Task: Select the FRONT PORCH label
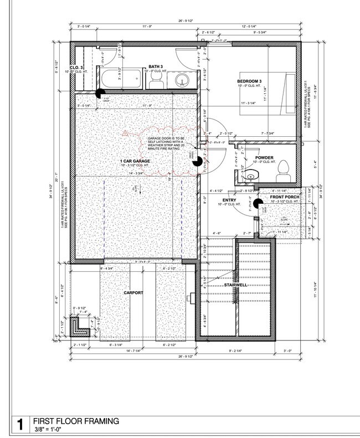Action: tap(285, 198)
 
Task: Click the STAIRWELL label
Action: tap(235, 285)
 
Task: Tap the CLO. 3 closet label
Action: tap(78, 67)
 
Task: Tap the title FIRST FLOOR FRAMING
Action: tap(76, 421)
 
